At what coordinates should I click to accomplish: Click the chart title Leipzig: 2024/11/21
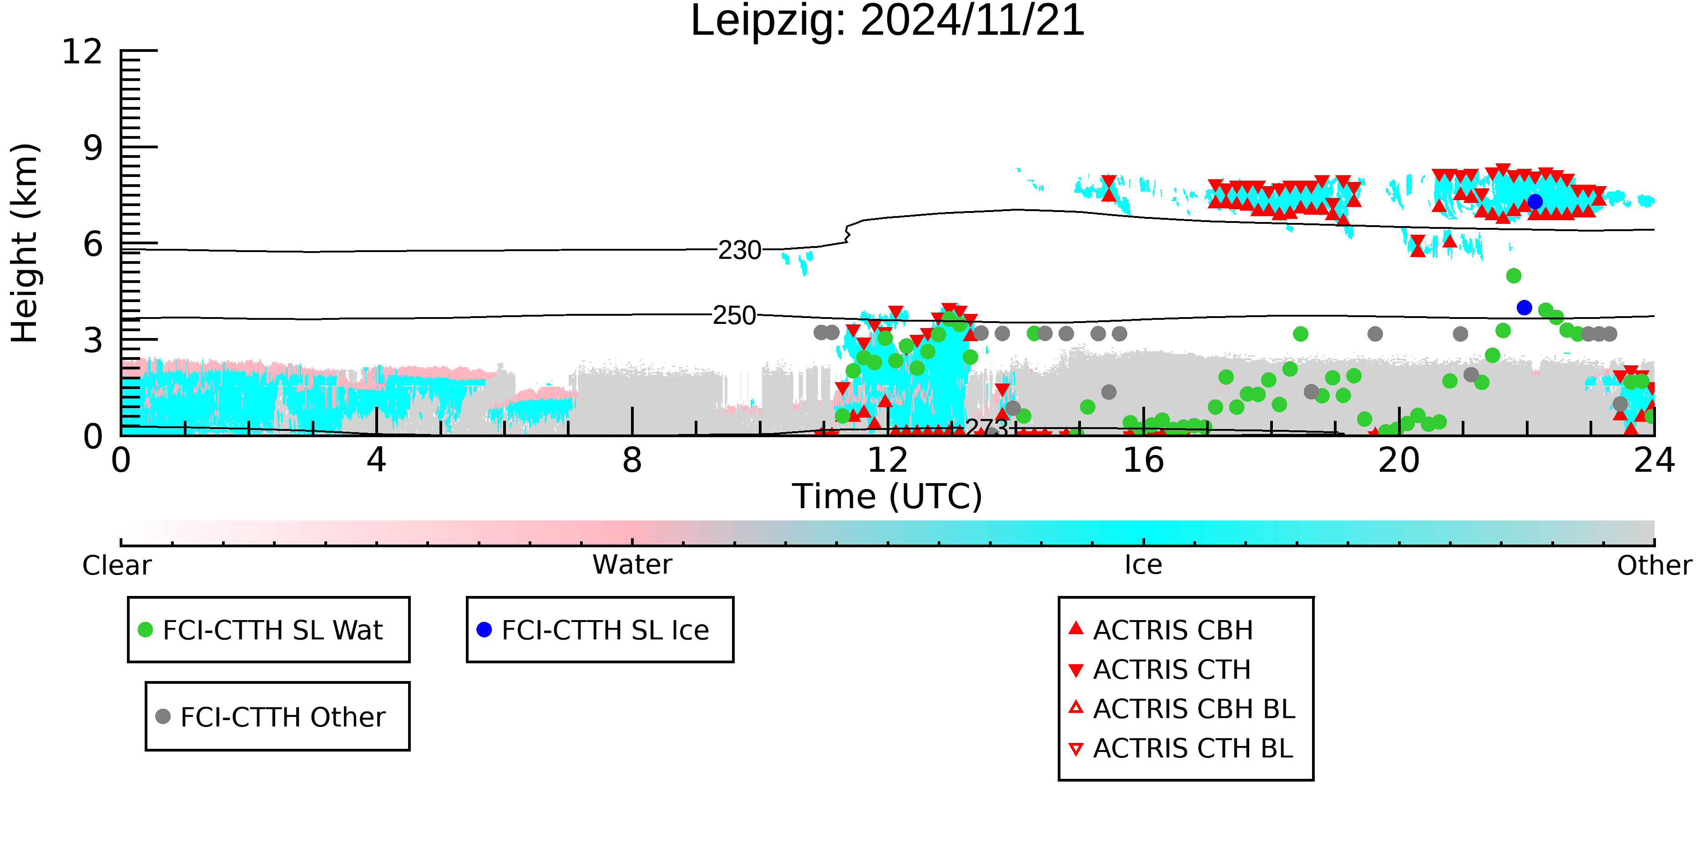click(888, 21)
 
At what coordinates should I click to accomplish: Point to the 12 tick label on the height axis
click(82, 52)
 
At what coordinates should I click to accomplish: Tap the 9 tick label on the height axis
click(93, 148)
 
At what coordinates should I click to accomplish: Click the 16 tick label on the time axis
click(1143, 460)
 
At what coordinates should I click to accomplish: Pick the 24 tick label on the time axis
click(1654, 460)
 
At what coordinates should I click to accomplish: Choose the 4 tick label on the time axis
click(376, 460)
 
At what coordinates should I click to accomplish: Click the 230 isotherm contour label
click(740, 250)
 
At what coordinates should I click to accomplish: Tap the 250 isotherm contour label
click(734, 315)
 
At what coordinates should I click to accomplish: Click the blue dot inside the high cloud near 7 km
click(1534, 202)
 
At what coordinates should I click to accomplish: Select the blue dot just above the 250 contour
click(1524, 307)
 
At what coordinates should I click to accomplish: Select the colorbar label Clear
click(116, 565)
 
